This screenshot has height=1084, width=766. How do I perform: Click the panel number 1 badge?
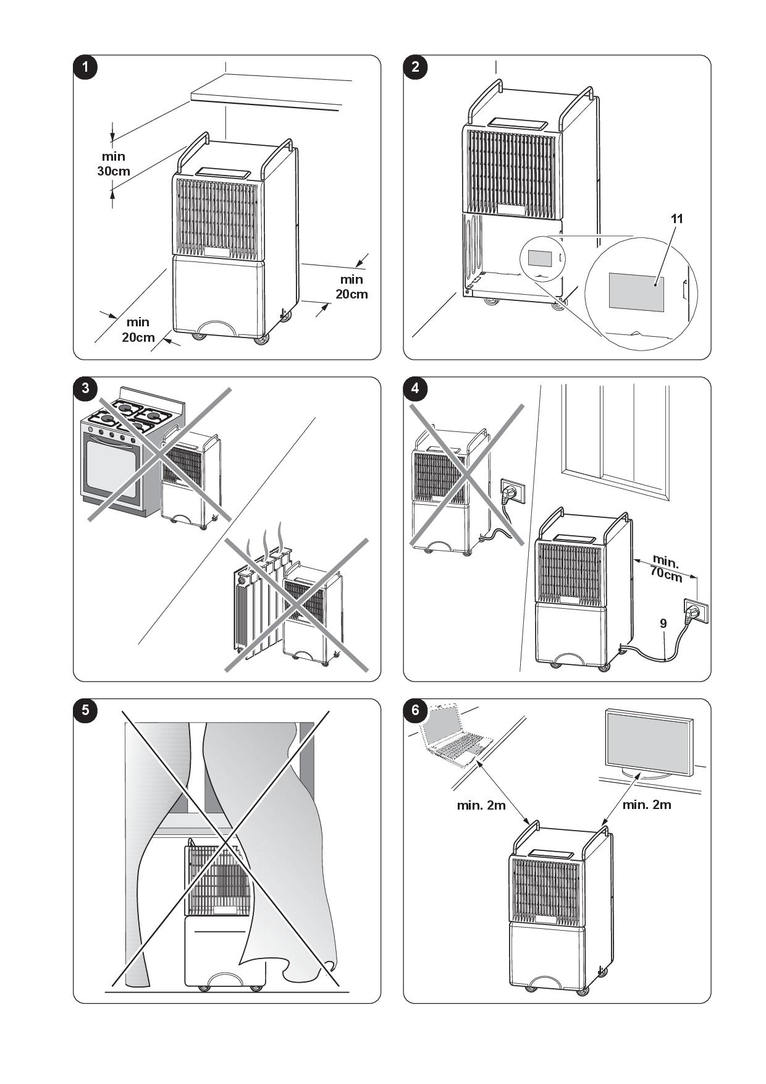(x=85, y=67)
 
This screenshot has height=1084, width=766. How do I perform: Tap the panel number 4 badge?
(x=415, y=388)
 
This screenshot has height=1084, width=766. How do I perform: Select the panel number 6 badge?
(x=415, y=710)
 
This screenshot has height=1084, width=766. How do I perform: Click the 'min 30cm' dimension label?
(x=114, y=164)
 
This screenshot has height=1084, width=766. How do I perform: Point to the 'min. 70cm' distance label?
(x=666, y=569)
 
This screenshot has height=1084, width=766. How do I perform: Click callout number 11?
(x=677, y=218)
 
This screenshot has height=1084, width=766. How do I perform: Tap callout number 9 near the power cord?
(x=663, y=624)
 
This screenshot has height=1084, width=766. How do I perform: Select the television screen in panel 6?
(x=647, y=742)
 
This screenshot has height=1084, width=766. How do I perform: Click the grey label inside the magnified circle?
(x=636, y=292)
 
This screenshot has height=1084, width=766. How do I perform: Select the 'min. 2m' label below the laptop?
(x=481, y=805)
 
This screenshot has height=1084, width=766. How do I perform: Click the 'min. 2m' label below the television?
(x=647, y=805)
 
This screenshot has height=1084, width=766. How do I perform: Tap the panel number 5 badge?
(x=85, y=710)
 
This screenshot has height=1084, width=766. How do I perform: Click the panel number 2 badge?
(x=415, y=67)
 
